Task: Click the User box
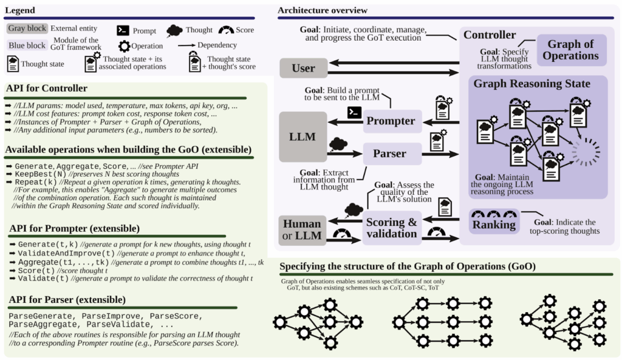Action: (303, 67)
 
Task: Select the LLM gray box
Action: (303, 137)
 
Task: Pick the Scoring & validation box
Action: (392, 228)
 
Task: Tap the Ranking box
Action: (494, 225)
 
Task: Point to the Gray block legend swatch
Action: (27, 29)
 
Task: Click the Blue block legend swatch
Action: (27, 45)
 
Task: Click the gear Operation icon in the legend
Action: (124, 46)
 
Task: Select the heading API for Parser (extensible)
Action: (67, 300)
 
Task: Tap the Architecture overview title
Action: (322, 10)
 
